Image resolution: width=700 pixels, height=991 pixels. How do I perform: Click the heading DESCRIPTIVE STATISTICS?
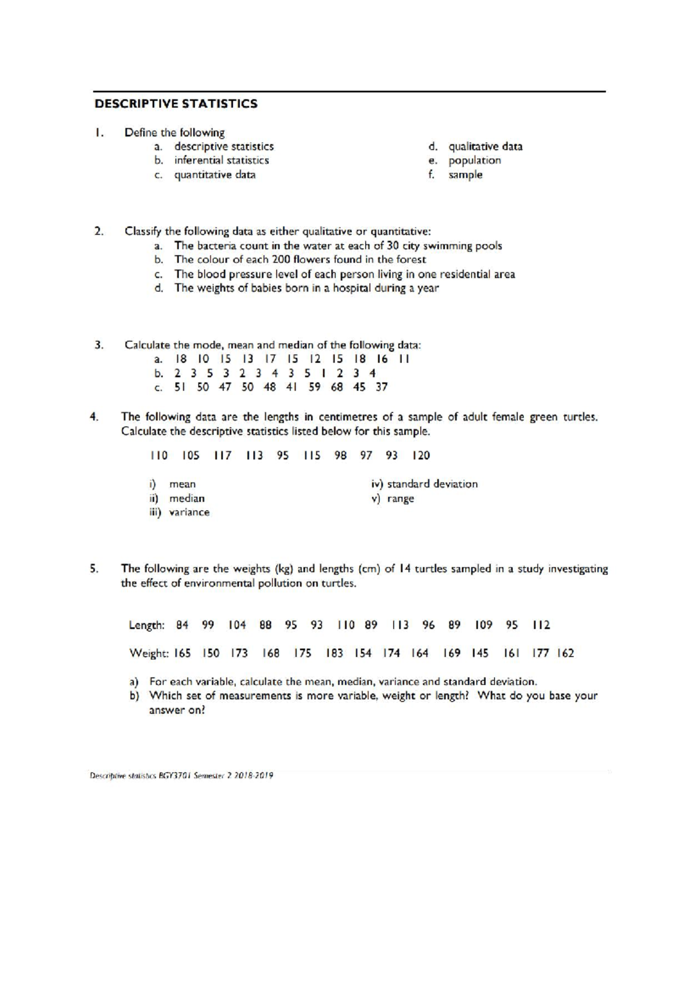(x=176, y=104)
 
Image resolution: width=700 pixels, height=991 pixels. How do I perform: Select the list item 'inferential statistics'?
(x=222, y=160)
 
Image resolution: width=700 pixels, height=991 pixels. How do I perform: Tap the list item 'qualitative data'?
(x=485, y=146)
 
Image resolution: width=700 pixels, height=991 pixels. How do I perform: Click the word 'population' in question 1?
(x=474, y=160)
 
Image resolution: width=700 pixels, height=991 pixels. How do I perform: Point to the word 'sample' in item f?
(x=465, y=175)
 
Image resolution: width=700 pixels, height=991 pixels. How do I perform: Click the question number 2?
(x=99, y=231)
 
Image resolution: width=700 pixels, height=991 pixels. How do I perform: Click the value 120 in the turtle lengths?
(x=421, y=456)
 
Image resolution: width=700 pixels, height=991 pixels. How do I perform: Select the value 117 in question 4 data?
(x=222, y=456)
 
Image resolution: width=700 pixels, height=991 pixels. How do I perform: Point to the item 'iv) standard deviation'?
(x=424, y=484)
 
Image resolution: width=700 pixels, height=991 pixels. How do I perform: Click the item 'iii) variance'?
(x=179, y=512)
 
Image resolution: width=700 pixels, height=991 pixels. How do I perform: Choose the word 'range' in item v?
(x=400, y=499)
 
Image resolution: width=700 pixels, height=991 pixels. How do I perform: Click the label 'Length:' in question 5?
(x=146, y=626)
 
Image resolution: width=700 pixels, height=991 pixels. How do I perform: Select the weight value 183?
(x=334, y=654)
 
